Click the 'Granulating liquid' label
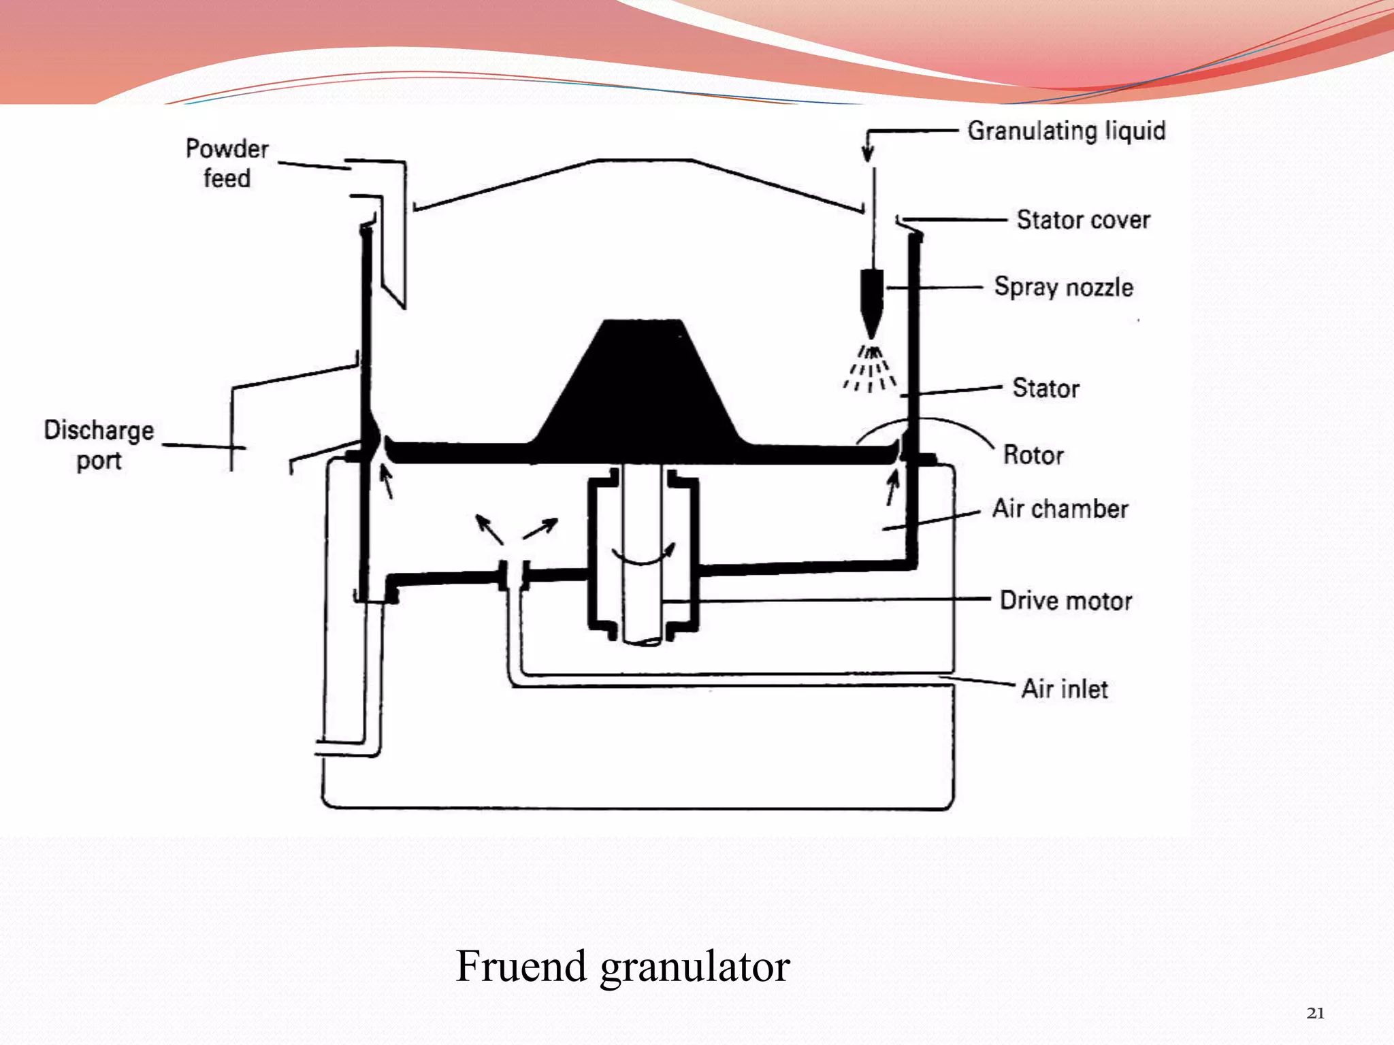1066,131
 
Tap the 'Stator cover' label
1083,220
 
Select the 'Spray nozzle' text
1063,287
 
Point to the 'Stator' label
1045,388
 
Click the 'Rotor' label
1033,455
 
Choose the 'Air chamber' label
1060,509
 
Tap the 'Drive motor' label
1065,601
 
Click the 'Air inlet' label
1065,689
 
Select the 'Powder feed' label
227,163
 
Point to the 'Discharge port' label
99,445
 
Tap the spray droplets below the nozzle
870,371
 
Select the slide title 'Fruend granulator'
622,966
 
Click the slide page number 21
1315,1013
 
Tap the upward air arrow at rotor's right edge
892,488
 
